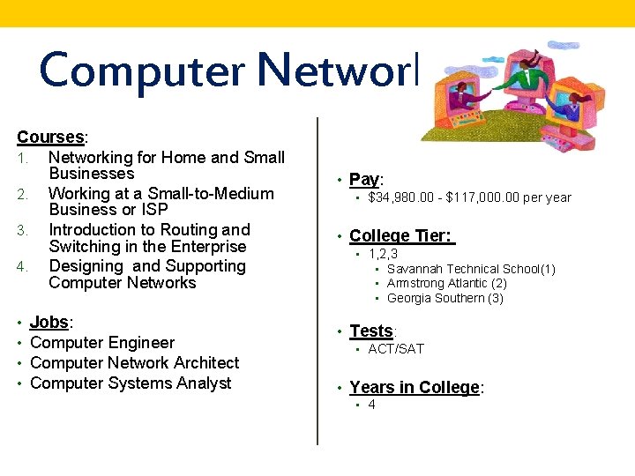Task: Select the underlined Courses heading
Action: [x=50, y=138]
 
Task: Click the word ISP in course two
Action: [x=154, y=210]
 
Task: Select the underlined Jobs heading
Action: [x=50, y=323]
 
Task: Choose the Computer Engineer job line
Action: [x=102, y=343]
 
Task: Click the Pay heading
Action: [x=363, y=180]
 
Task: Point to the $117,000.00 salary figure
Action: [x=486, y=198]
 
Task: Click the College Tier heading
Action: [x=401, y=236]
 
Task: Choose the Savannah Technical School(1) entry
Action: [x=471, y=269]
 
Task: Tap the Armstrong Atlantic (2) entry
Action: [x=446, y=284]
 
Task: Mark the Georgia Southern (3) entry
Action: [x=444, y=299]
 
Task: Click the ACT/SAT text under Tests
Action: [x=396, y=349]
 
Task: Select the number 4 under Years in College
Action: [x=371, y=405]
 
